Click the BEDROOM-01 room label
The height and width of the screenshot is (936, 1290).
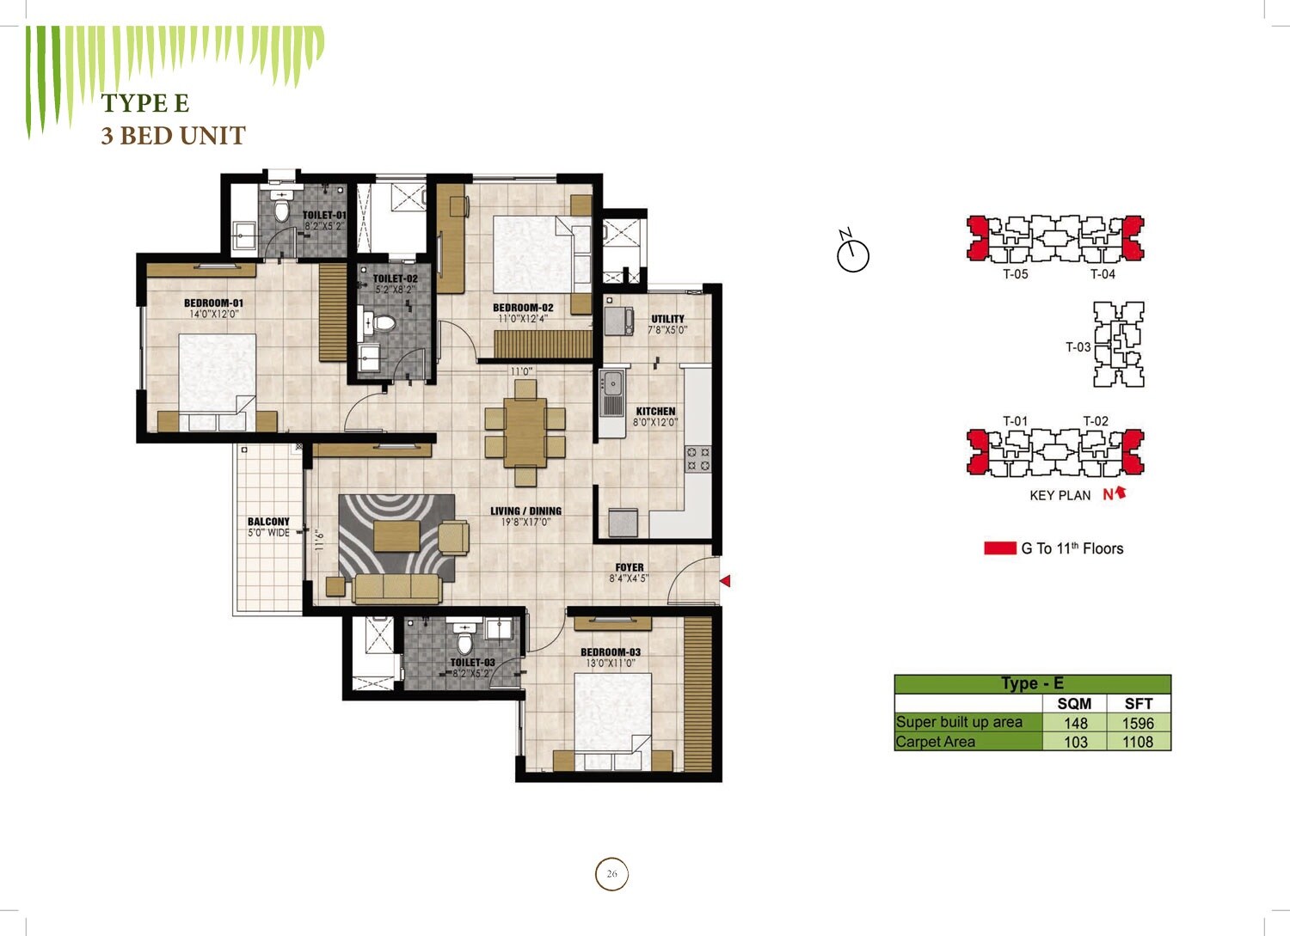tap(213, 303)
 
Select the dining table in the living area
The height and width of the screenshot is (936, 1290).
tap(525, 431)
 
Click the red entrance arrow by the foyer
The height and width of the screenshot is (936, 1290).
tap(725, 581)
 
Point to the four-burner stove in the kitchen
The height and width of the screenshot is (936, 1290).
tap(697, 459)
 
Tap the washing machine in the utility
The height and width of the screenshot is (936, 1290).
tap(618, 320)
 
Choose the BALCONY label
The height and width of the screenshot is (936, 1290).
tap(268, 522)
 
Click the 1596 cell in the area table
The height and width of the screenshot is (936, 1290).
tap(1138, 723)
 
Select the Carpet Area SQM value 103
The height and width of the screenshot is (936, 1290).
tap(1075, 742)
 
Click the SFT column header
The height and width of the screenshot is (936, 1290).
tap(1138, 703)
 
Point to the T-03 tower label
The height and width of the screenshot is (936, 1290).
tap(1078, 347)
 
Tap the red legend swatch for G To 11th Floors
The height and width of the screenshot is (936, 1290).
tap(1000, 548)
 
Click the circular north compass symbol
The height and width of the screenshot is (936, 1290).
tap(853, 255)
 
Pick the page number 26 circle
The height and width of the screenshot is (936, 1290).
tap(611, 874)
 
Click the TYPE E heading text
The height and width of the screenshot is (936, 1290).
tap(144, 103)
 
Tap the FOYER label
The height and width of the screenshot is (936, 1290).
tap(629, 567)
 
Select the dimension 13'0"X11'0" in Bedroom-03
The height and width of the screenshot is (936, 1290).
tap(610, 664)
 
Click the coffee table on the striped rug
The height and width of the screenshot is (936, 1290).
tap(396, 535)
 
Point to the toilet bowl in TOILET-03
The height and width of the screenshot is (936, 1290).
tap(464, 642)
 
